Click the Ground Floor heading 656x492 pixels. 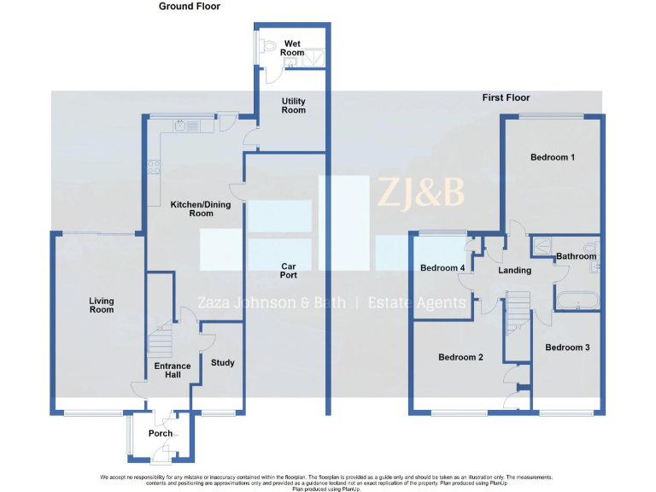[x=189, y=6]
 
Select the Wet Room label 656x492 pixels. [x=293, y=48]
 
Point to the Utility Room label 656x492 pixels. [x=293, y=106]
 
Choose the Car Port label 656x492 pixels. [x=289, y=271]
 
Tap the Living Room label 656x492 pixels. [x=102, y=305]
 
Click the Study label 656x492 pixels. [x=223, y=363]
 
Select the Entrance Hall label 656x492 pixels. [x=173, y=370]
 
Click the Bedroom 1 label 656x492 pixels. [x=553, y=157]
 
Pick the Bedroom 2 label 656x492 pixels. [x=460, y=357]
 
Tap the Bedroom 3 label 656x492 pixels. [x=567, y=347]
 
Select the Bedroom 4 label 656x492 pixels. [x=442, y=268]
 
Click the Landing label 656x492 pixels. [x=514, y=270]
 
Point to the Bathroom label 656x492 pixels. [x=576, y=256]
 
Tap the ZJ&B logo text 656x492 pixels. [x=421, y=193]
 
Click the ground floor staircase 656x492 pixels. [x=162, y=343]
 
